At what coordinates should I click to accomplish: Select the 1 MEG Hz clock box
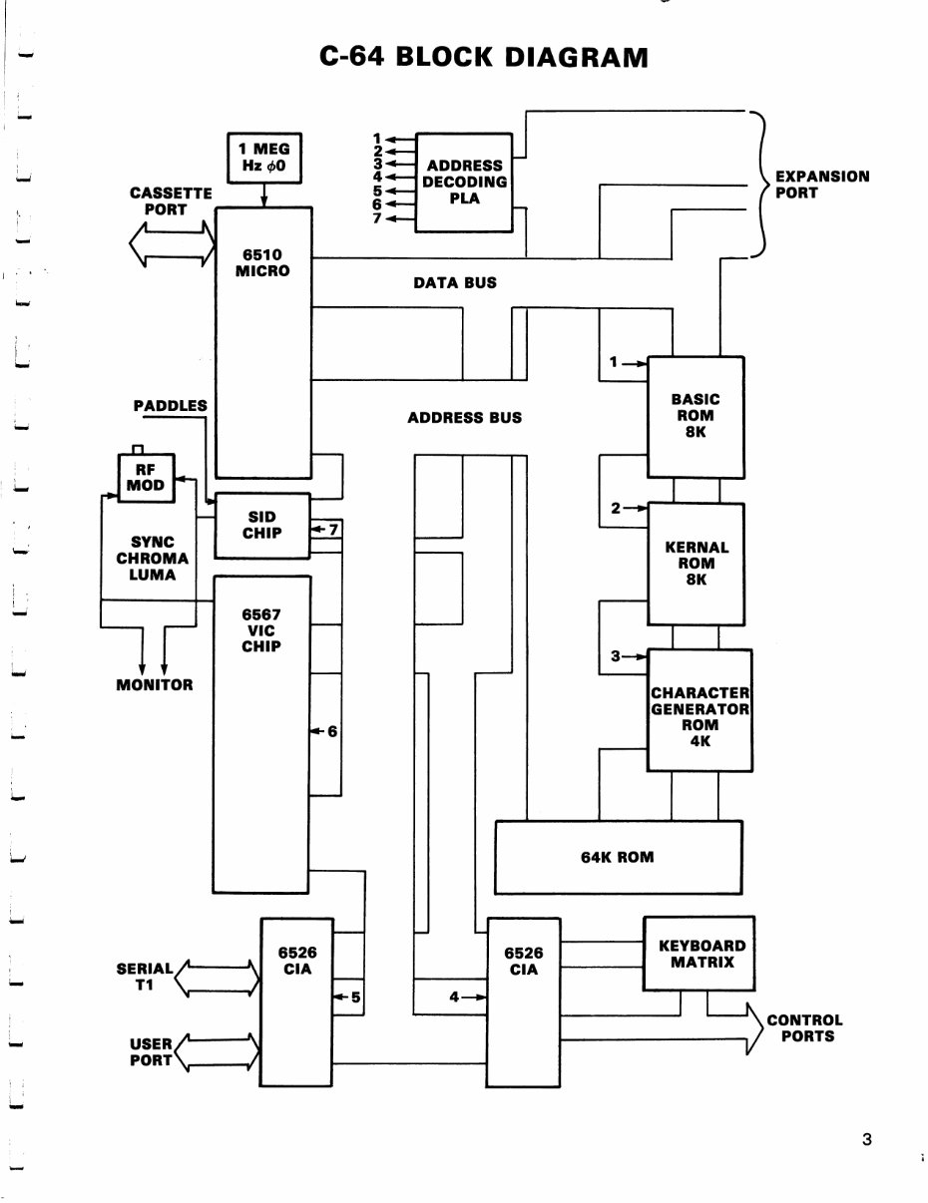click(263, 158)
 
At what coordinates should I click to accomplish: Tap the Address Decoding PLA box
click(464, 183)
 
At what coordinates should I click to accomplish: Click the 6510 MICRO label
click(262, 263)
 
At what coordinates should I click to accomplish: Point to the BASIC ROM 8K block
click(696, 415)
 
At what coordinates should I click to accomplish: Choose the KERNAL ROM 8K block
click(696, 563)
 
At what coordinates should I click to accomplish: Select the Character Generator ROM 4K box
click(698, 709)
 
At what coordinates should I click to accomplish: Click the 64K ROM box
click(618, 857)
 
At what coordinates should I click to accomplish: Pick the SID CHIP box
click(263, 525)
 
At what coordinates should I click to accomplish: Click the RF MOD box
click(145, 478)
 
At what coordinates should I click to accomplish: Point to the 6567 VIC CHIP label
click(261, 630)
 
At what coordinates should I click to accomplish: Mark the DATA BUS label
click(454, 283)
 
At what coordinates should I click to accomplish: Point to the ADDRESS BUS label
click(464, 418)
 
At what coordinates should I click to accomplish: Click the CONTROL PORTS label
click(804, 1027)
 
